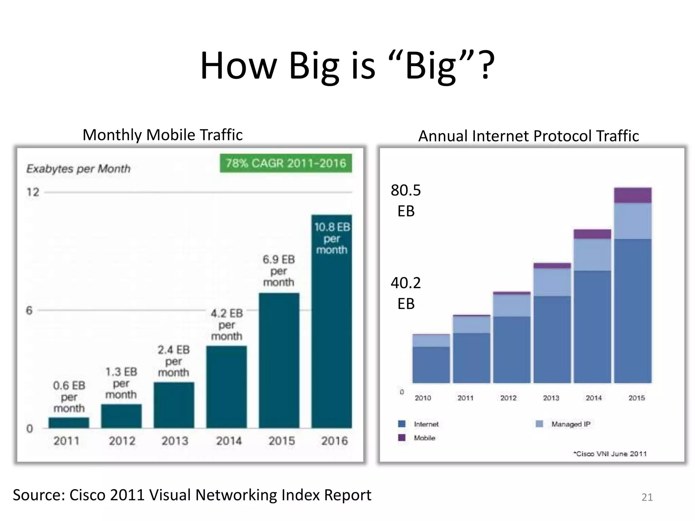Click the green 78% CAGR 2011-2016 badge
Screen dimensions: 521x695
pos(286,163)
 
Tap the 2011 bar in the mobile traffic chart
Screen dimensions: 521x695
pos(69,422)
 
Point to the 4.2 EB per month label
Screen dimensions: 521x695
pos(227,325)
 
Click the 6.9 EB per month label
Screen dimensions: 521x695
pos(279,271)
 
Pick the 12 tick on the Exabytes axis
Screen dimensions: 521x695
pos(33,192)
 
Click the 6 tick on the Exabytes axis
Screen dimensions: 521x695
pos(30,310)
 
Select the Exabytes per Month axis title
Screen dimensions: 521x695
pos(78,169)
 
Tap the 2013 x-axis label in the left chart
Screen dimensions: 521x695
pos(175,441)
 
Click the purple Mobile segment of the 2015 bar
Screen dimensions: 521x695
pos(633,195)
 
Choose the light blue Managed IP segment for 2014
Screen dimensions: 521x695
pos(592,255)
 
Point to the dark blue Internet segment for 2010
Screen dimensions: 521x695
pos(431,365)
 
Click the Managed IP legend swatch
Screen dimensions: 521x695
pos(539,424)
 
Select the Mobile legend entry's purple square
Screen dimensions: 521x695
pos(402,438)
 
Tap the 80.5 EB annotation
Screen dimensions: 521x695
pos(406,200)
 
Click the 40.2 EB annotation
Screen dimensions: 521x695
pos(406,293)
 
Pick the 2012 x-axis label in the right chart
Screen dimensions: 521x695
pos(508,398)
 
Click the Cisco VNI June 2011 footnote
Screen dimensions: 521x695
pos(610,454)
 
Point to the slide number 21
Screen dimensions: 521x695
pos(647,497)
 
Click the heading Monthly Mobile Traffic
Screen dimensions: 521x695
pos(163,135)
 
